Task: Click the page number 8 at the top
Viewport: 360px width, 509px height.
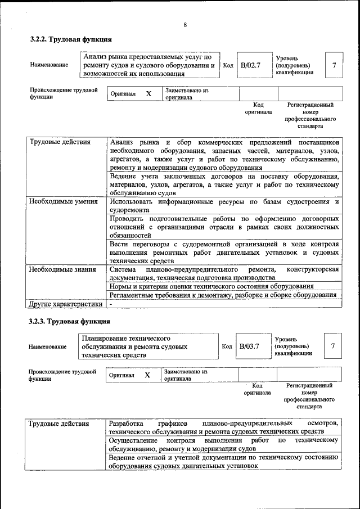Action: click(184, 24)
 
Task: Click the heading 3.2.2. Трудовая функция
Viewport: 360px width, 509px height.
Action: click(71, 40)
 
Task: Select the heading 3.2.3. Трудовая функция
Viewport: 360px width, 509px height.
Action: click(70, 321)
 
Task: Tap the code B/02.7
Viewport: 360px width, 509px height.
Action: click(251, 65)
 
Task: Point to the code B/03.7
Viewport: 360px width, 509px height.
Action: click(249, 346)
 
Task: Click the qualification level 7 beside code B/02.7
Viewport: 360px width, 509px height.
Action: click(334, 65)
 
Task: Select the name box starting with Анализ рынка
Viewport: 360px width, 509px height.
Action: click(149, 65)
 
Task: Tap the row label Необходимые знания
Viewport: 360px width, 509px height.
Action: click(62, 269)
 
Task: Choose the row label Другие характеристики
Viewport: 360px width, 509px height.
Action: click(66, 304)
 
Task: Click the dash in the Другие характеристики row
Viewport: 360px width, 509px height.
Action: click(111, 304)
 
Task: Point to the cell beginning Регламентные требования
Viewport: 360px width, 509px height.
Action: click(224, 295)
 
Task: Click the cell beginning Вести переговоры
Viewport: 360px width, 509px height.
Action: click(224, 253)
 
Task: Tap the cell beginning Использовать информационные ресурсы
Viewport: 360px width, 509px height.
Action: click(224, 206)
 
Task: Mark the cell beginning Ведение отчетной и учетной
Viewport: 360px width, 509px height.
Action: click(224, 462)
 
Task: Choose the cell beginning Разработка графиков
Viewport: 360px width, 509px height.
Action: click(224, 427)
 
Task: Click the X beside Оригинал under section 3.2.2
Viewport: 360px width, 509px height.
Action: click(148, 94)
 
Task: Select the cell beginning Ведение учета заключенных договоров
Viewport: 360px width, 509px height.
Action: click(224, 184)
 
